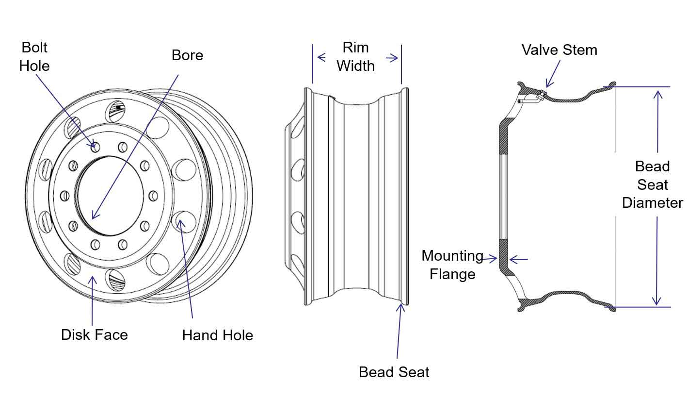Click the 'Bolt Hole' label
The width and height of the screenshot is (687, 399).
pos(34,56)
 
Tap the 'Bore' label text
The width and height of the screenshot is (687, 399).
pos(187,55)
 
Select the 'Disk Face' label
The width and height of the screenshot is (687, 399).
pos(95,335)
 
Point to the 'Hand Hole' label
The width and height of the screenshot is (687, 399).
pos(217,335)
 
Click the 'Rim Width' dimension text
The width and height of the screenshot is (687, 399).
pos(356,57)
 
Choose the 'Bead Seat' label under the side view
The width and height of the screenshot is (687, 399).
pos(394,372)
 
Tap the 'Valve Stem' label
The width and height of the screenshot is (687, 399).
pos(559,50)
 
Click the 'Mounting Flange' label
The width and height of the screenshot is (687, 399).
pos(452,265)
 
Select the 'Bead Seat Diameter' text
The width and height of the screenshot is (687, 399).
pos(652,184)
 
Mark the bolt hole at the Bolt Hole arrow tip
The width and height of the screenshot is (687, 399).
pos(95,146)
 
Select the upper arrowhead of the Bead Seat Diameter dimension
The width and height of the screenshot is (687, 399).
pos(657,93)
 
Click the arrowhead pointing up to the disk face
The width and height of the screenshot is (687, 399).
pos(93,279)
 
